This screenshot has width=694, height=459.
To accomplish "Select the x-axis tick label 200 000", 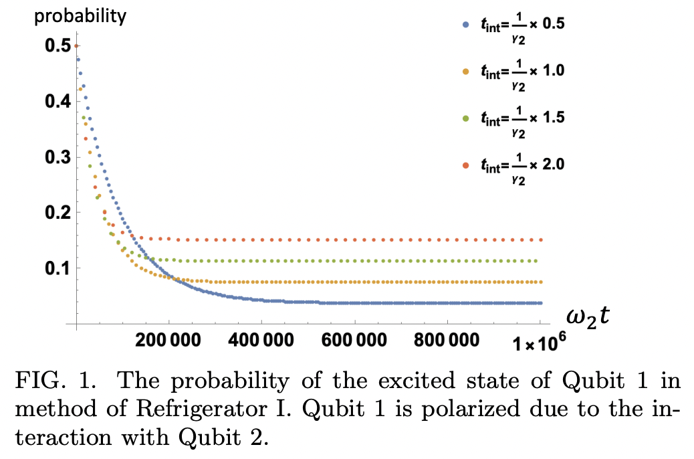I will coord(170,339).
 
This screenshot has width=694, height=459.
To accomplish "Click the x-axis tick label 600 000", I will coord(354,339).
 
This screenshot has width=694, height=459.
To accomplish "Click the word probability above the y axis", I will coord(80,16).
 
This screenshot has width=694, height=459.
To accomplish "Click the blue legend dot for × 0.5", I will coord(466,25).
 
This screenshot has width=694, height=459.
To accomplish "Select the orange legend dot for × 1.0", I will coord(466,70).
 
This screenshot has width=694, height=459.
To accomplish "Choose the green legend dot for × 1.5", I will coord(466,117).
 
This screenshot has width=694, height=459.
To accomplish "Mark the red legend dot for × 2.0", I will coord(466,164).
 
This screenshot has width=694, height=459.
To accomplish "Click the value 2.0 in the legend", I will coord(554,164).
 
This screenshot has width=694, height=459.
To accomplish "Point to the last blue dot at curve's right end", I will coord(540,303).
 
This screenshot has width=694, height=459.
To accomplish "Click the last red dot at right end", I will coord(540,240).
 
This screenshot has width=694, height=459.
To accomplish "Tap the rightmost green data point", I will coord(540,261).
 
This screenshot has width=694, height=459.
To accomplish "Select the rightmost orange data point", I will coord(540,282).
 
